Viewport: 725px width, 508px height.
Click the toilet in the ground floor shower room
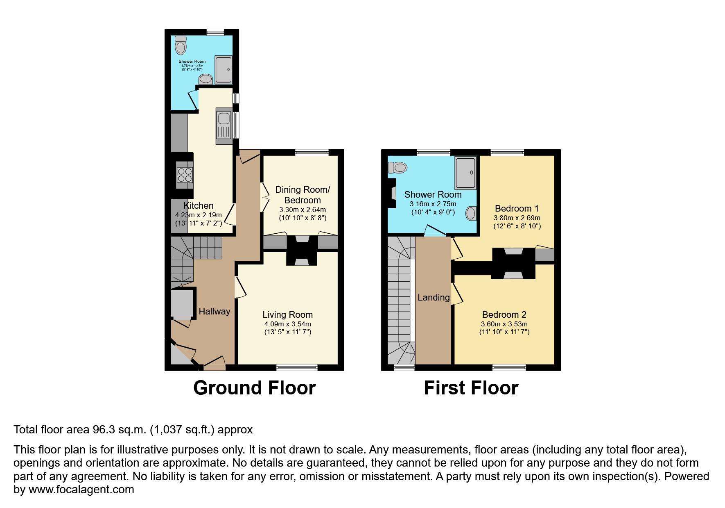tap(181, 45)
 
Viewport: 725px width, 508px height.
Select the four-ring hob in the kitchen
tap(184, 175)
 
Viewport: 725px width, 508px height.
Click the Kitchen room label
tap(199, 206)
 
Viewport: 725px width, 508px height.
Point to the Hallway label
tap(215, 312)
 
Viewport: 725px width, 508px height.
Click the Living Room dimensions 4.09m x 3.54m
tap(288, 324)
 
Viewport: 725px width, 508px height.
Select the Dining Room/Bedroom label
tap(303, 195)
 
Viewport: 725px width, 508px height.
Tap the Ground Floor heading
tap(254, 388)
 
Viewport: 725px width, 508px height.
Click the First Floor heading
tap(471, 388)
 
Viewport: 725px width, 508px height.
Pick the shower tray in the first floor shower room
tap(465, 172)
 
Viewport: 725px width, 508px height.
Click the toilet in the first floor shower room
tap(398, 167)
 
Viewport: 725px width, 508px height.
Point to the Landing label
tap(434, 298)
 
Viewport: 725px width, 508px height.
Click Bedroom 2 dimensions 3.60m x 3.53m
tap(504, 324)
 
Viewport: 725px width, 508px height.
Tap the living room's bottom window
tap(297, 367)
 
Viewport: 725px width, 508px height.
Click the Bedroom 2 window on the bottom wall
tap(509, 367)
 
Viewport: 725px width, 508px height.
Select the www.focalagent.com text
tap(81, 490)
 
